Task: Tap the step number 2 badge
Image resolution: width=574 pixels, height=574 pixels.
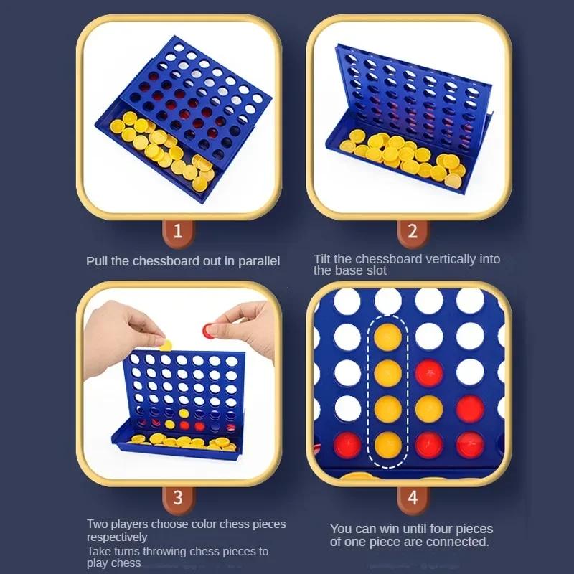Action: [413, 231]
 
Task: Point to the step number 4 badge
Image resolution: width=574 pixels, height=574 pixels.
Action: [413, 497]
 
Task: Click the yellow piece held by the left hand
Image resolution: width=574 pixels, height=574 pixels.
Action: [166, 344]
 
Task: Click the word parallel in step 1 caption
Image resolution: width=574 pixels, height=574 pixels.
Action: [258, 261]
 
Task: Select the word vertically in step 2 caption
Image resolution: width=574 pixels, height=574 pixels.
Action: [447, 259]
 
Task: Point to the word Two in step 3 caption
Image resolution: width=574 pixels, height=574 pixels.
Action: [98, 524]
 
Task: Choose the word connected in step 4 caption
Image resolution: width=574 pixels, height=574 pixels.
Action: [456, 542]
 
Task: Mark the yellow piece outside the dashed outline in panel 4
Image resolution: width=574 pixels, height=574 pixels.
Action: [430, 408]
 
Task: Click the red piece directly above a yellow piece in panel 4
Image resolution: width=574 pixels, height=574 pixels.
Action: [430, 372]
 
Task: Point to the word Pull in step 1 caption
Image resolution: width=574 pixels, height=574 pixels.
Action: [97, 261]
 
